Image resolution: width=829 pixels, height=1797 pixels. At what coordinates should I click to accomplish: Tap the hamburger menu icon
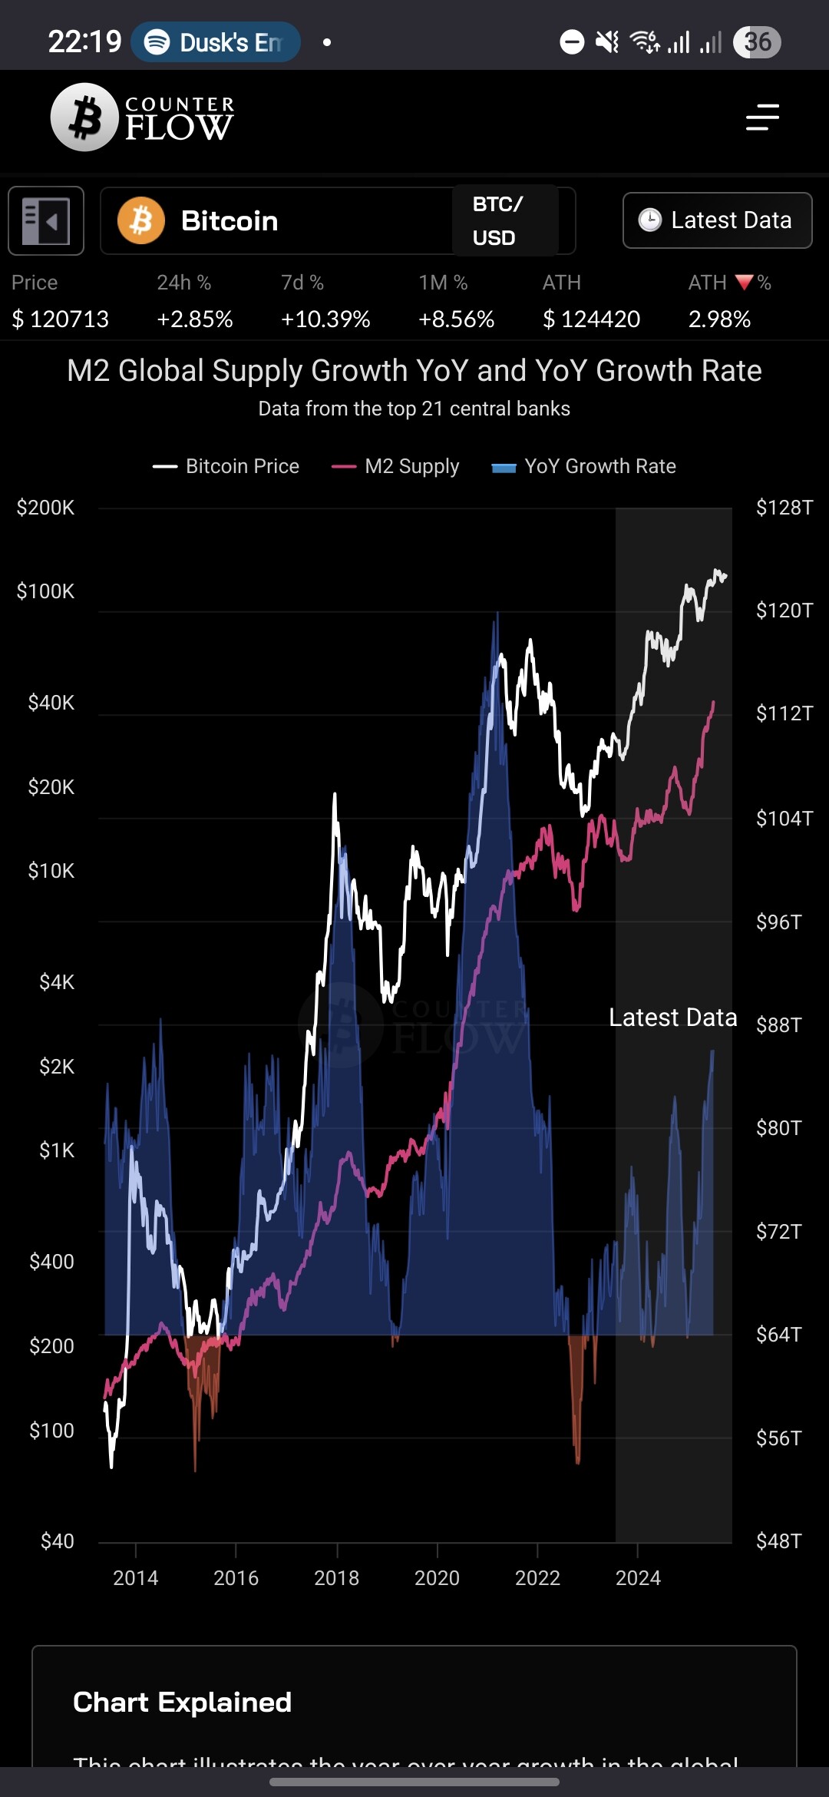point(762,117)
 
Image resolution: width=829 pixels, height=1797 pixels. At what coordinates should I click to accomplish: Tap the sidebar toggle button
point(46,220)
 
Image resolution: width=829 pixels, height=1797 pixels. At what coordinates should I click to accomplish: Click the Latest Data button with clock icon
point(717,220)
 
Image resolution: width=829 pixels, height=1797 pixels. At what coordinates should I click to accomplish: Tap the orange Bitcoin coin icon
point(141,220)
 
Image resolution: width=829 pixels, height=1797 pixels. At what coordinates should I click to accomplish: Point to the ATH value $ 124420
point(591,319)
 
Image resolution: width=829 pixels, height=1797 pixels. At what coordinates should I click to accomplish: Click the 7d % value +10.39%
point(325,319)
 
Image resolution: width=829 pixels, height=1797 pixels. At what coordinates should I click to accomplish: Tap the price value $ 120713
point(61,319)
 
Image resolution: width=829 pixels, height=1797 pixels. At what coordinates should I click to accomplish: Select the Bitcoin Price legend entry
point(227,466)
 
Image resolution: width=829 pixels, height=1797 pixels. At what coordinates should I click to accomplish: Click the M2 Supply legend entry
point(396,466)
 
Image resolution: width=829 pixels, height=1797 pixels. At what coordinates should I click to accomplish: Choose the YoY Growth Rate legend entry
point(585,466)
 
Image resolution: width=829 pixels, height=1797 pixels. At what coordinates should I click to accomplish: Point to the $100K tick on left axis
point(46,591)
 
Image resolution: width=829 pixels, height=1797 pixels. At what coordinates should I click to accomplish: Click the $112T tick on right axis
point(784,713)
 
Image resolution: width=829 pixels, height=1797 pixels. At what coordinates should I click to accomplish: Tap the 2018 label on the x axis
point(336,1578)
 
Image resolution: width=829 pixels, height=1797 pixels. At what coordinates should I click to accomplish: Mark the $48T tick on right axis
point(778,1541)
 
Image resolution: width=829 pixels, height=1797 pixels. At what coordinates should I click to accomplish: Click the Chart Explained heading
point(183,1703)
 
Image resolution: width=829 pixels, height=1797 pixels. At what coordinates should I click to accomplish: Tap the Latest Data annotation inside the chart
point(672,1018)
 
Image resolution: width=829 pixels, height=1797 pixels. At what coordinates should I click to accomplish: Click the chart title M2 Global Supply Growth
point(414,371)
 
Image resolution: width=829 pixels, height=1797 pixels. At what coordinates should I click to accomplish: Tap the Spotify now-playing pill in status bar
point(216,42)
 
